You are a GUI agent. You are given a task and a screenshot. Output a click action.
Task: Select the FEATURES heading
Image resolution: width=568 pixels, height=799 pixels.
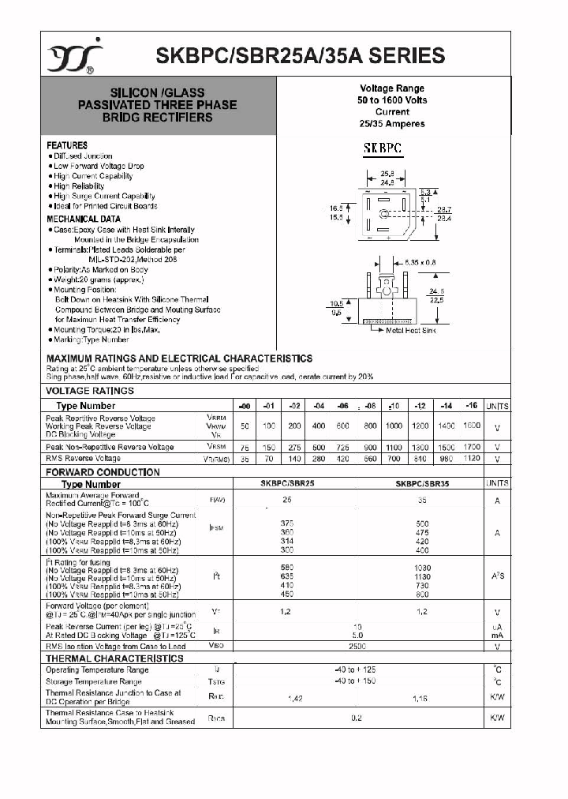pos(67,145)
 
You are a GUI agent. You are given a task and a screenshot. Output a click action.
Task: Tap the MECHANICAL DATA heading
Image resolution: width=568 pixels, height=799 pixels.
pos(84,219)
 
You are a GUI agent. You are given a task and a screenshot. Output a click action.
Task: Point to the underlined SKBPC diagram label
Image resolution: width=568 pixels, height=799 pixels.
pos(383,148)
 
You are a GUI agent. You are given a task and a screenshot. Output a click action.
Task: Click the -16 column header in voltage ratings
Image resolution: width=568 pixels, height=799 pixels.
pos(472,405)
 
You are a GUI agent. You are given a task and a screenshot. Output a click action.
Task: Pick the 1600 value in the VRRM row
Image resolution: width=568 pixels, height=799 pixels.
pos(472,426)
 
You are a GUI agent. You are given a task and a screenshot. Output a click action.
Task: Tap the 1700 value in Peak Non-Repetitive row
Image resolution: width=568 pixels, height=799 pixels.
pos(472,447)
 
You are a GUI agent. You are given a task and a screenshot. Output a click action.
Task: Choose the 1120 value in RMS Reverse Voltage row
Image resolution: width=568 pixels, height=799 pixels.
pos(472,458)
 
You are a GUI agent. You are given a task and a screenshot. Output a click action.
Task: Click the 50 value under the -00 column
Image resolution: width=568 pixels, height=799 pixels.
pos(245,426)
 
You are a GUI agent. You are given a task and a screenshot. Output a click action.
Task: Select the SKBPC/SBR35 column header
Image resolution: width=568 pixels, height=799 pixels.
pos(422,484)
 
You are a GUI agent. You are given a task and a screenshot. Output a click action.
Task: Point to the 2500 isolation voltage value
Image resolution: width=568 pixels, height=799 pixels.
pos(357,646)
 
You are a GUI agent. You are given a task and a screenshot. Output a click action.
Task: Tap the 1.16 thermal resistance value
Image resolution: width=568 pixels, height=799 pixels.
pos(420,699)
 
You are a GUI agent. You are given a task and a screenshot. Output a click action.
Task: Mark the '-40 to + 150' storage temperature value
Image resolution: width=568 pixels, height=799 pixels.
pos(357,681)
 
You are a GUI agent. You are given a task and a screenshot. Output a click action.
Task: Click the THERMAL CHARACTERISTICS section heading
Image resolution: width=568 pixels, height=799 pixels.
pos(114,658)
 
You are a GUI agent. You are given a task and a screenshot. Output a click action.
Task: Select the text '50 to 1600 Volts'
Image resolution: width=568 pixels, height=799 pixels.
pos(392,100)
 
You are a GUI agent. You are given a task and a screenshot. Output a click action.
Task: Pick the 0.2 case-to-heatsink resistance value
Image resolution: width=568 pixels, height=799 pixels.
pos(357,718)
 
